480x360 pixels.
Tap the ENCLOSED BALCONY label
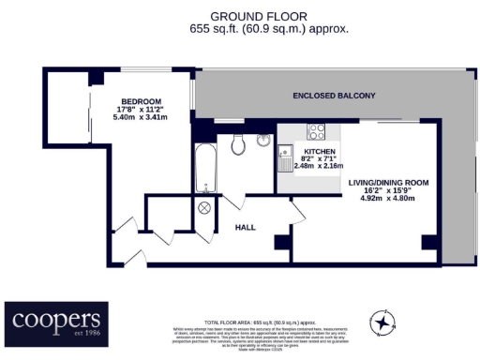click(334, 96)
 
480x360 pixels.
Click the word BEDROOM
click(141, 101)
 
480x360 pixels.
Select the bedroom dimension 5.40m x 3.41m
click(141, 119)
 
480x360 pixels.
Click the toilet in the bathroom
click(237, 142)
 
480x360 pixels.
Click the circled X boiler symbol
click(204, 209)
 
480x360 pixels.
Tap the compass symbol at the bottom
click(383, 322)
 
